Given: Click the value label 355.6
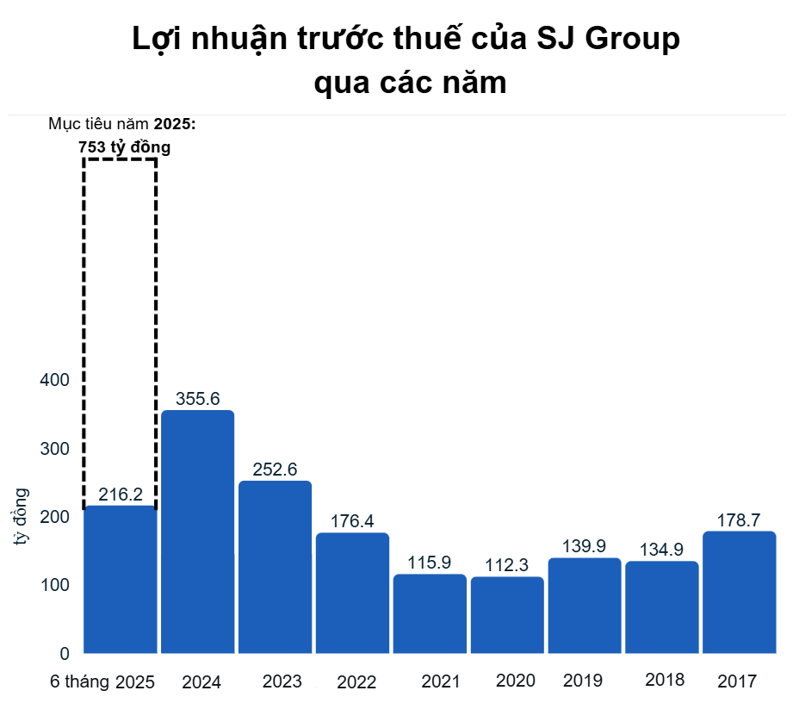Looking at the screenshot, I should point(198,399).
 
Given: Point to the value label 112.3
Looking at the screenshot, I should point(507,565).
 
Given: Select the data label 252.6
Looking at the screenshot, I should point(275,470).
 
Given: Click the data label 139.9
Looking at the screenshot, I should point(584,547).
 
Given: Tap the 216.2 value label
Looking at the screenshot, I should point(121,495).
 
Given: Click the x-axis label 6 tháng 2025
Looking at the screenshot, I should point(102,682).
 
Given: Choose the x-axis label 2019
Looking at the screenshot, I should point(583,681).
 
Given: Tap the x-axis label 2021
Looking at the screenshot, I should point(441,681).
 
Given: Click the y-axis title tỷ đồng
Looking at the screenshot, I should point(21,517).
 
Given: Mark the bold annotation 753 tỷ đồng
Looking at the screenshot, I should point(125,147).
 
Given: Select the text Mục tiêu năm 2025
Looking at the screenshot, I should point(122,124).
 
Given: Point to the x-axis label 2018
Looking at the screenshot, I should point(663,680).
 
